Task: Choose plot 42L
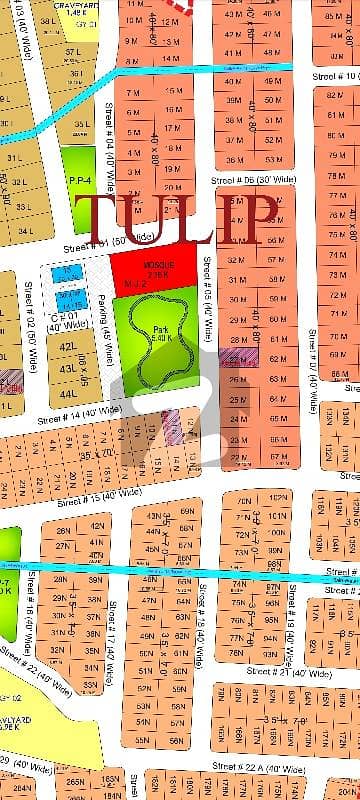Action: [68, 347]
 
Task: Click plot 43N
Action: [154, 516]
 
